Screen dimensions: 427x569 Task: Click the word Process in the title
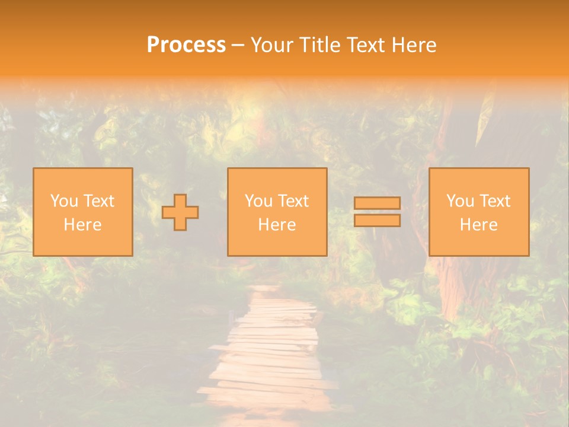pyautogui.click(x=186, y=45)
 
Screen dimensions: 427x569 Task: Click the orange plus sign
pyautogui.click(x=180, y=212)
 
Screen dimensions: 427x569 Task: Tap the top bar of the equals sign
pyautogui.click(x=377, y=203)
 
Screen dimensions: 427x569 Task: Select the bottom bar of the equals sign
pyautogui.click(x=377, y=220)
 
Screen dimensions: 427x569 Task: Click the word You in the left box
pyautogui.click(x=64, y=201)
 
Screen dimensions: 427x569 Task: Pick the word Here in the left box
pyautogui.click(x=82, y=225)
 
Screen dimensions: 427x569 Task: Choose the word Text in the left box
pyautogui.click(x=98, y=201)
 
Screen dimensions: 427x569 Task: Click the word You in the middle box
pyautogui.click(x=258, y=201)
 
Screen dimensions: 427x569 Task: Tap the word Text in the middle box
pyautogui.click(x=293, y=201)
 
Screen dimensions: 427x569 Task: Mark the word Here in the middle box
pyautogui.click(x=277, y=225)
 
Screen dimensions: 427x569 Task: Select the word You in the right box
pyautogui.click(x=460, y=201)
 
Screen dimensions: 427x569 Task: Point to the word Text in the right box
pyautogui.click(x=494, y=201)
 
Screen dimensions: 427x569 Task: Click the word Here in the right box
pyautogui.click(x=478, y=225)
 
